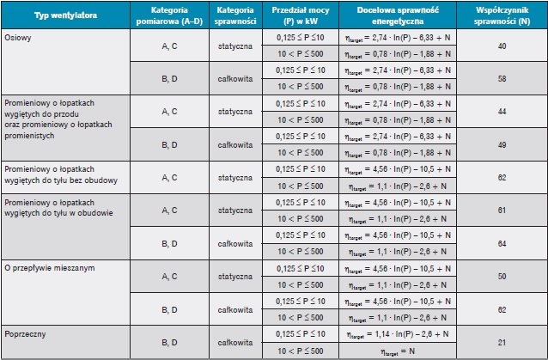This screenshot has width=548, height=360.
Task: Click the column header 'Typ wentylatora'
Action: (65, 15)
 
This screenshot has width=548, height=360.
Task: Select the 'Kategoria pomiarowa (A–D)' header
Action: (169, 15)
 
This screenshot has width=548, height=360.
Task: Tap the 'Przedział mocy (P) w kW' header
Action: (301, 15)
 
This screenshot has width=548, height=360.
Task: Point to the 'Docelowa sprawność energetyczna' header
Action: (398, 15)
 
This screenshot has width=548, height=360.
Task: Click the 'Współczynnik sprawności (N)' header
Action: (502, 15)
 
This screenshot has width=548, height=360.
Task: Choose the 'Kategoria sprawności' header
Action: (235, 15)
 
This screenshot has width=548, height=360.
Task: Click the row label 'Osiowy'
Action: (18, 38)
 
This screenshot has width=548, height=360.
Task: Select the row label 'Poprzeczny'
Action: (25, 333)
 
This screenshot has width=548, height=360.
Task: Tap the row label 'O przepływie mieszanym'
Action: (50, 268)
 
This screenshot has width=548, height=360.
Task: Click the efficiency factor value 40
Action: (502, 46)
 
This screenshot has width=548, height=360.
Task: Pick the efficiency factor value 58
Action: (502, 79)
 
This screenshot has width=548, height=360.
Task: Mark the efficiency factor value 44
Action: (502, 112)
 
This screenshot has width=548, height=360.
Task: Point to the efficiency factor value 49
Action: (502, 144)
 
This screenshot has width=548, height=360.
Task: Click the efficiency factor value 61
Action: (502, 211)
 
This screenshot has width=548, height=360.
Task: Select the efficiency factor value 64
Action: (502, 244)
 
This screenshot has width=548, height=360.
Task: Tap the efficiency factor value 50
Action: (502, 277)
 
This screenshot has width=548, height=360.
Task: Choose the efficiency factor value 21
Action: (502, 343)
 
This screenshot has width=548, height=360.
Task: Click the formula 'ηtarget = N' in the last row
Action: (398, 351)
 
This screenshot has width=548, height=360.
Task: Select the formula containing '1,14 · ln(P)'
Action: (398, 334)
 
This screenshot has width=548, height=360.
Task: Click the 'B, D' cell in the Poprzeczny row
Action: (169, 343)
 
